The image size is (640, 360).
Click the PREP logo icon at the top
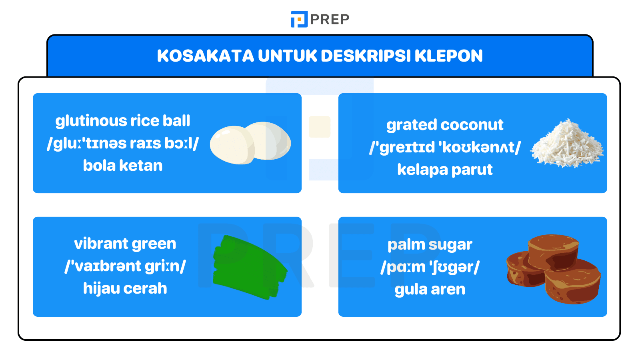pos(299,19)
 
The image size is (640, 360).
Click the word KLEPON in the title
pos(448,56)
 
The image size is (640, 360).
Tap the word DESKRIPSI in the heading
pos(366,56)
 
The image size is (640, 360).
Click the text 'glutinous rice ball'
pos(123,121)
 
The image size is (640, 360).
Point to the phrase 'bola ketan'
pos(123,166)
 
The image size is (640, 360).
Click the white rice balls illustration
pos(250,143)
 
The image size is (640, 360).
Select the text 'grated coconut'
pos(445,125)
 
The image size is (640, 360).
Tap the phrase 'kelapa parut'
pos(445,170)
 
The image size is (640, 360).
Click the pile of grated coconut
pos(567,144)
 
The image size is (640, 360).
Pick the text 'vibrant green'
pos(125,244)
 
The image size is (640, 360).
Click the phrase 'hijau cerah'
pos(125,288)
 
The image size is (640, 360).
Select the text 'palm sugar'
pos(430,244)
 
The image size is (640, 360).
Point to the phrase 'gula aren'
pos(430,289)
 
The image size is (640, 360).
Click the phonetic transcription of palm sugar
pos(430,267)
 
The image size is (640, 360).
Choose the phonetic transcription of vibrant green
pos(125,266)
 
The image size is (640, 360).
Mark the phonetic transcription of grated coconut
pos(445,147)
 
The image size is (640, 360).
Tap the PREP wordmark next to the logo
pos(330,19)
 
